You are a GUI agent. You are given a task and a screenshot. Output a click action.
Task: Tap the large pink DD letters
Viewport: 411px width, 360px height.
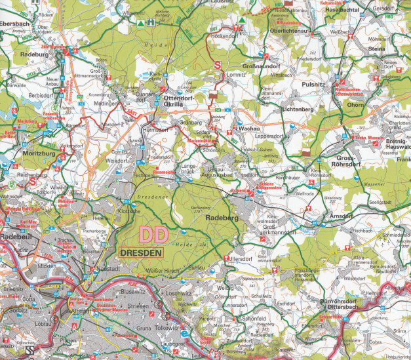(x=153, y=234)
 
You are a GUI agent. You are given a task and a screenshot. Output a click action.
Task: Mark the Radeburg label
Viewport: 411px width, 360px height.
(x=35, y=55)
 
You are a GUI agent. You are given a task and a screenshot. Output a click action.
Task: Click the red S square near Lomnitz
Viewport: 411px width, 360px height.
(x=218, y=64)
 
